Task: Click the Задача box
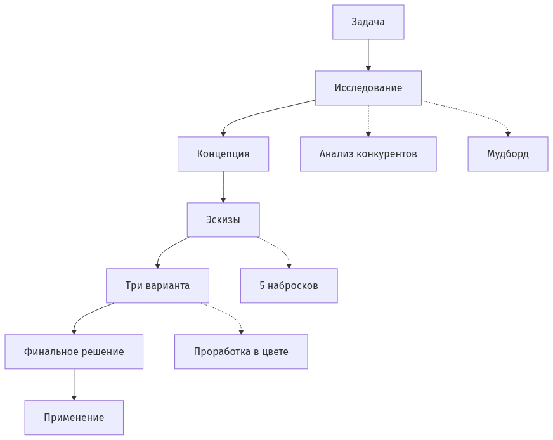point(368,22)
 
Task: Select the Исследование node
point(368,88)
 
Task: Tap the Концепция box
point(223,154)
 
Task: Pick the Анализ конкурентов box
point(368,154)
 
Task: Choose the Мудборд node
point(507,154)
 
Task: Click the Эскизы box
point(223,220)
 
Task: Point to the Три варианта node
point(157,286)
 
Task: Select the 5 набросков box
point(289,286)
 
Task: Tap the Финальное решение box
point(74,352)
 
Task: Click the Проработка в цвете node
point(241,352)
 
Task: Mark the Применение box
point(74,418)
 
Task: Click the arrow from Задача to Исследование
point(368,55)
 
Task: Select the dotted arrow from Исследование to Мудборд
point(482,115)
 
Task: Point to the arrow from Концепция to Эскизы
point(223,187)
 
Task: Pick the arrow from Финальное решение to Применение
point(74,385)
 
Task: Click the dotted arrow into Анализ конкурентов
point(368,121)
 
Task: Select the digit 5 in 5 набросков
point(262,286)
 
